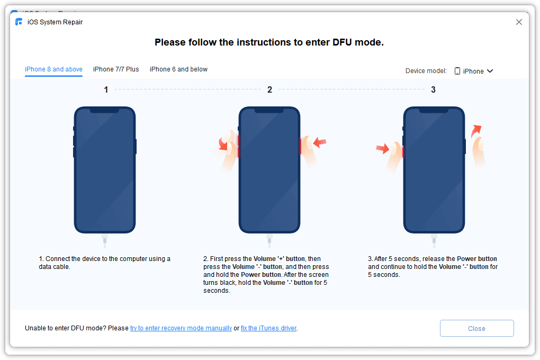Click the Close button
coord(476,328)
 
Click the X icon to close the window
coord(519,22)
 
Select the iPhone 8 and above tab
coord(53,69)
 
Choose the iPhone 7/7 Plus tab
coord(116,69)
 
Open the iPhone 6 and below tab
coord(178,69)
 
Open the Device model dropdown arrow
coord(490,71)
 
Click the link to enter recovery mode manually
coord(181,328)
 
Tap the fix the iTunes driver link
coord(268,328)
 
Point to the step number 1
coord(106,90)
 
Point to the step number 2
coord(269,90)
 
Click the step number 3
coord(433,90)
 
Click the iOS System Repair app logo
coord(19,22)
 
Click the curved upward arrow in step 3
coord(476,130)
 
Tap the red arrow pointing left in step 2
coord(320,142)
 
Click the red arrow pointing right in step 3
coord(382,149)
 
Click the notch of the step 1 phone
coord(105,110)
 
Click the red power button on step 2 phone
coord(300,146)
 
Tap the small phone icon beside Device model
coord(457,71)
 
